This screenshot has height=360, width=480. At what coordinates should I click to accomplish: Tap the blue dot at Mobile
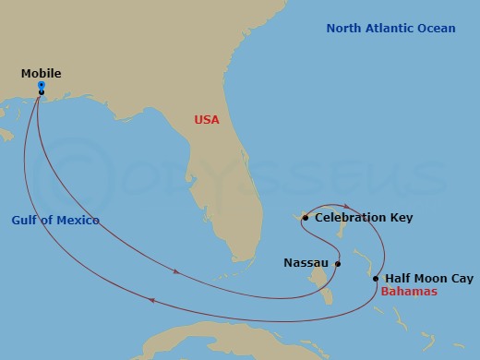(42, 85)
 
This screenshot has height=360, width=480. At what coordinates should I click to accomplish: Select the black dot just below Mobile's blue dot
(42, 92)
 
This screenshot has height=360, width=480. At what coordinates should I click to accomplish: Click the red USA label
(208, 119)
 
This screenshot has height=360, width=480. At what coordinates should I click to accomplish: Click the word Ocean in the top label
(438, 29)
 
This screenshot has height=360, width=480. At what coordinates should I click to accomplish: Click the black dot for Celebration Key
(306, 218)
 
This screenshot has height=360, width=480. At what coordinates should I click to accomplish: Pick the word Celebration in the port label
(352, 218)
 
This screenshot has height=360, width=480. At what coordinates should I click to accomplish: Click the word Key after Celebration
(402, 218)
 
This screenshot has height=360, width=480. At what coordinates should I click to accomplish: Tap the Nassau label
(305, 263)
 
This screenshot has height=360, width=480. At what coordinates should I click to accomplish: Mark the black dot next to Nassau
(338, 264)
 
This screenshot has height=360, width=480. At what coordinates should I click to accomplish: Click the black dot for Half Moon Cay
(376, 278)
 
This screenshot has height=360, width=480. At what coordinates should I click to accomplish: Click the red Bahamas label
(409, 292)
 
